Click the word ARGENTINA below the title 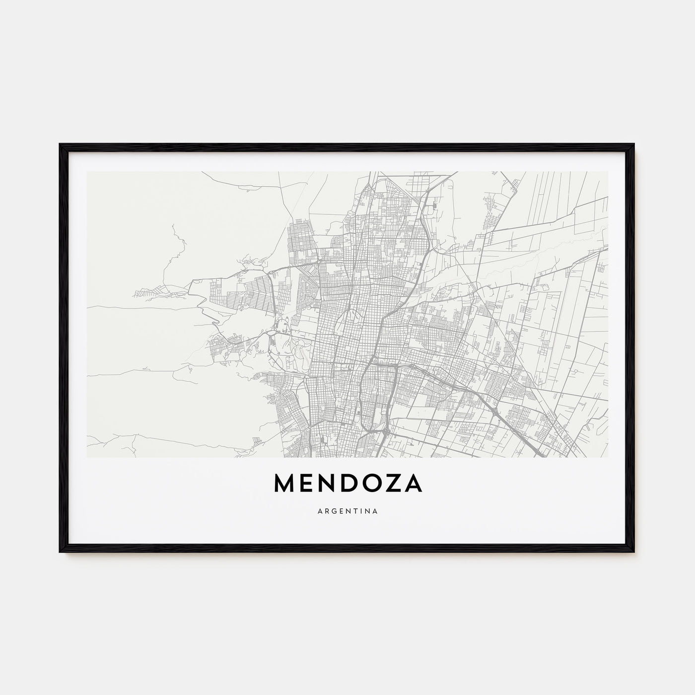coord(347,510)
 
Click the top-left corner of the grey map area coord(87,172)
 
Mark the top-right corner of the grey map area coord(608,172)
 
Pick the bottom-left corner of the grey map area coord(87,456)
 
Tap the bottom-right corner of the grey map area coord(608,456)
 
